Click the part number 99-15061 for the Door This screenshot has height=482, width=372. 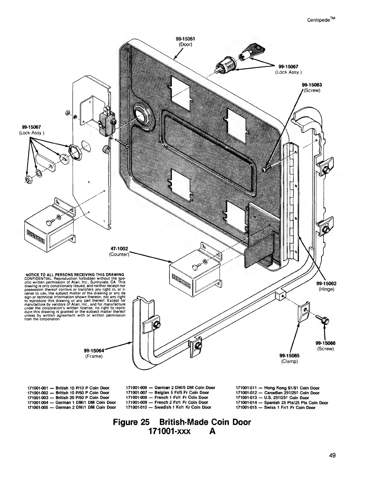[x=185, y=39]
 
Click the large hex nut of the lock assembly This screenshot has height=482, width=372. [x=74, y=150]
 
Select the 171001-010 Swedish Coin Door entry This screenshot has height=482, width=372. [x=168, y=407]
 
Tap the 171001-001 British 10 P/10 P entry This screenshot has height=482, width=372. [x=68, y=388]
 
